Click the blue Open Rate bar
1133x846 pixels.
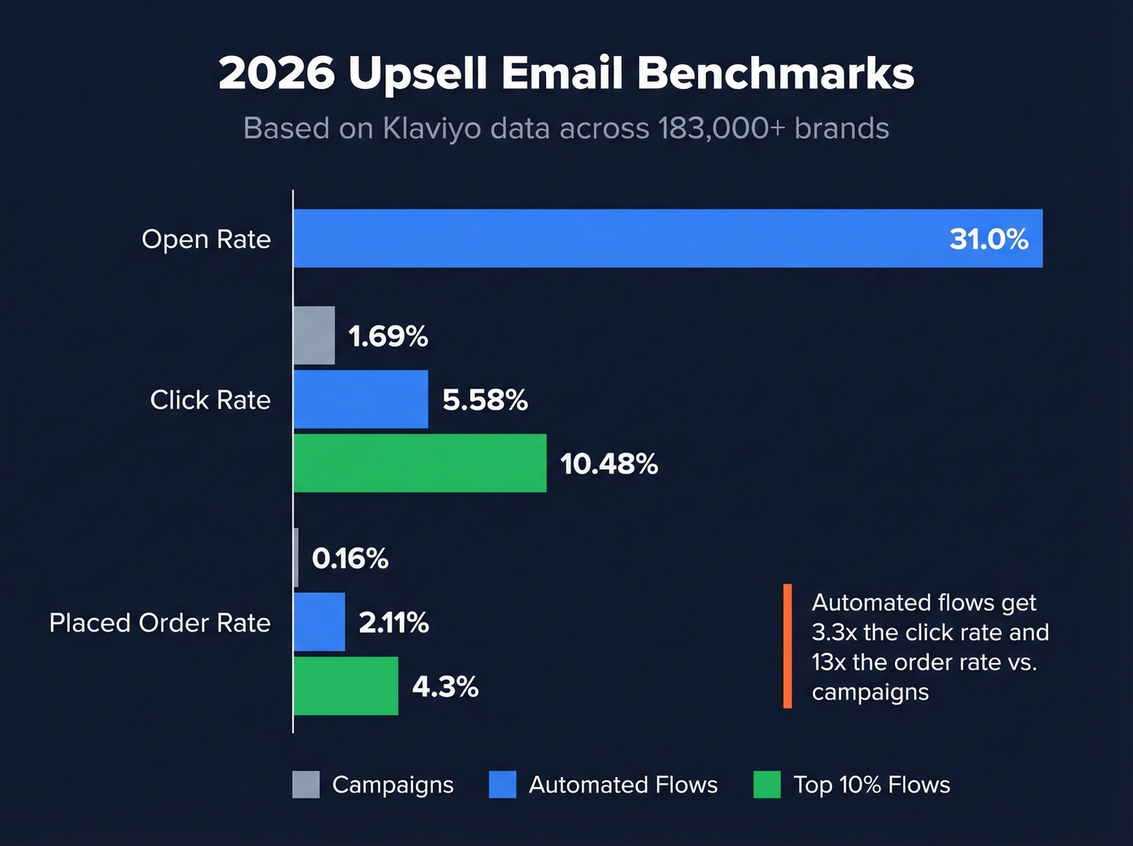668,239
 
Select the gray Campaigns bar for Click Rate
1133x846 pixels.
314,335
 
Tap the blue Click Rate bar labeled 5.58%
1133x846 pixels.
361,399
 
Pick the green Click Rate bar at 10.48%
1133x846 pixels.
420,463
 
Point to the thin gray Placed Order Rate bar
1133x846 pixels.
296,558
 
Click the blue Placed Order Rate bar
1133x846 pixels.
319,622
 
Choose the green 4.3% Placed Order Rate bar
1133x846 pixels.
346,686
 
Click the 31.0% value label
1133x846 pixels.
988,239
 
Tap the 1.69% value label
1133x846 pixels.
388,336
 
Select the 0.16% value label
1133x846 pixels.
350,559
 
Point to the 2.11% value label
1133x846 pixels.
393,623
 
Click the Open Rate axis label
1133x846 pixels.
206,240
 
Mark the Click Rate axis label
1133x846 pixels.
210,400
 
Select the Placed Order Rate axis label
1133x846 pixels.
159,623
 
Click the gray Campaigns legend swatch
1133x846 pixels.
306,784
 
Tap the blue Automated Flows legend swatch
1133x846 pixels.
503,784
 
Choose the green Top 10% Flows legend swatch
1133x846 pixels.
766,784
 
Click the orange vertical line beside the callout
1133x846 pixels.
787,646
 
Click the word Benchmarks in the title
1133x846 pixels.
775,74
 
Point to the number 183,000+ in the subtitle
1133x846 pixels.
721,129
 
